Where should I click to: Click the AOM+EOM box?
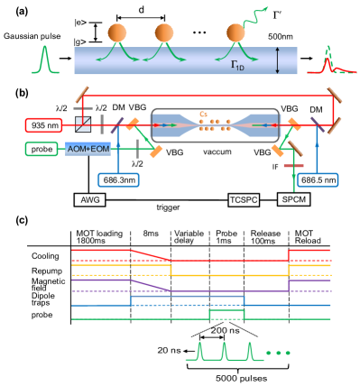click(88, 149)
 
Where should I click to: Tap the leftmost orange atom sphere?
click(117, 33)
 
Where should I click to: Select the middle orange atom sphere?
click(164, 33)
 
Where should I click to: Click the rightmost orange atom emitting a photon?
click(235, 33)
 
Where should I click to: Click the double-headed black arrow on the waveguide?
click(278, 60)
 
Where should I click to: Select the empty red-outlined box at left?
click(43, 124)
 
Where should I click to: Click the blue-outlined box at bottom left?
click(118, 179)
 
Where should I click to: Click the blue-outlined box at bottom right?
click(318, 179)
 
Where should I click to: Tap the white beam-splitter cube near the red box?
click(83, 124)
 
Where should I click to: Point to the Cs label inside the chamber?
click(204, 114)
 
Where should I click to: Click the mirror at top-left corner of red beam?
click(82, 93)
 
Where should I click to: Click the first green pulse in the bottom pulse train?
click(201, 352)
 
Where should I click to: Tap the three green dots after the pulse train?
click(278, 353)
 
